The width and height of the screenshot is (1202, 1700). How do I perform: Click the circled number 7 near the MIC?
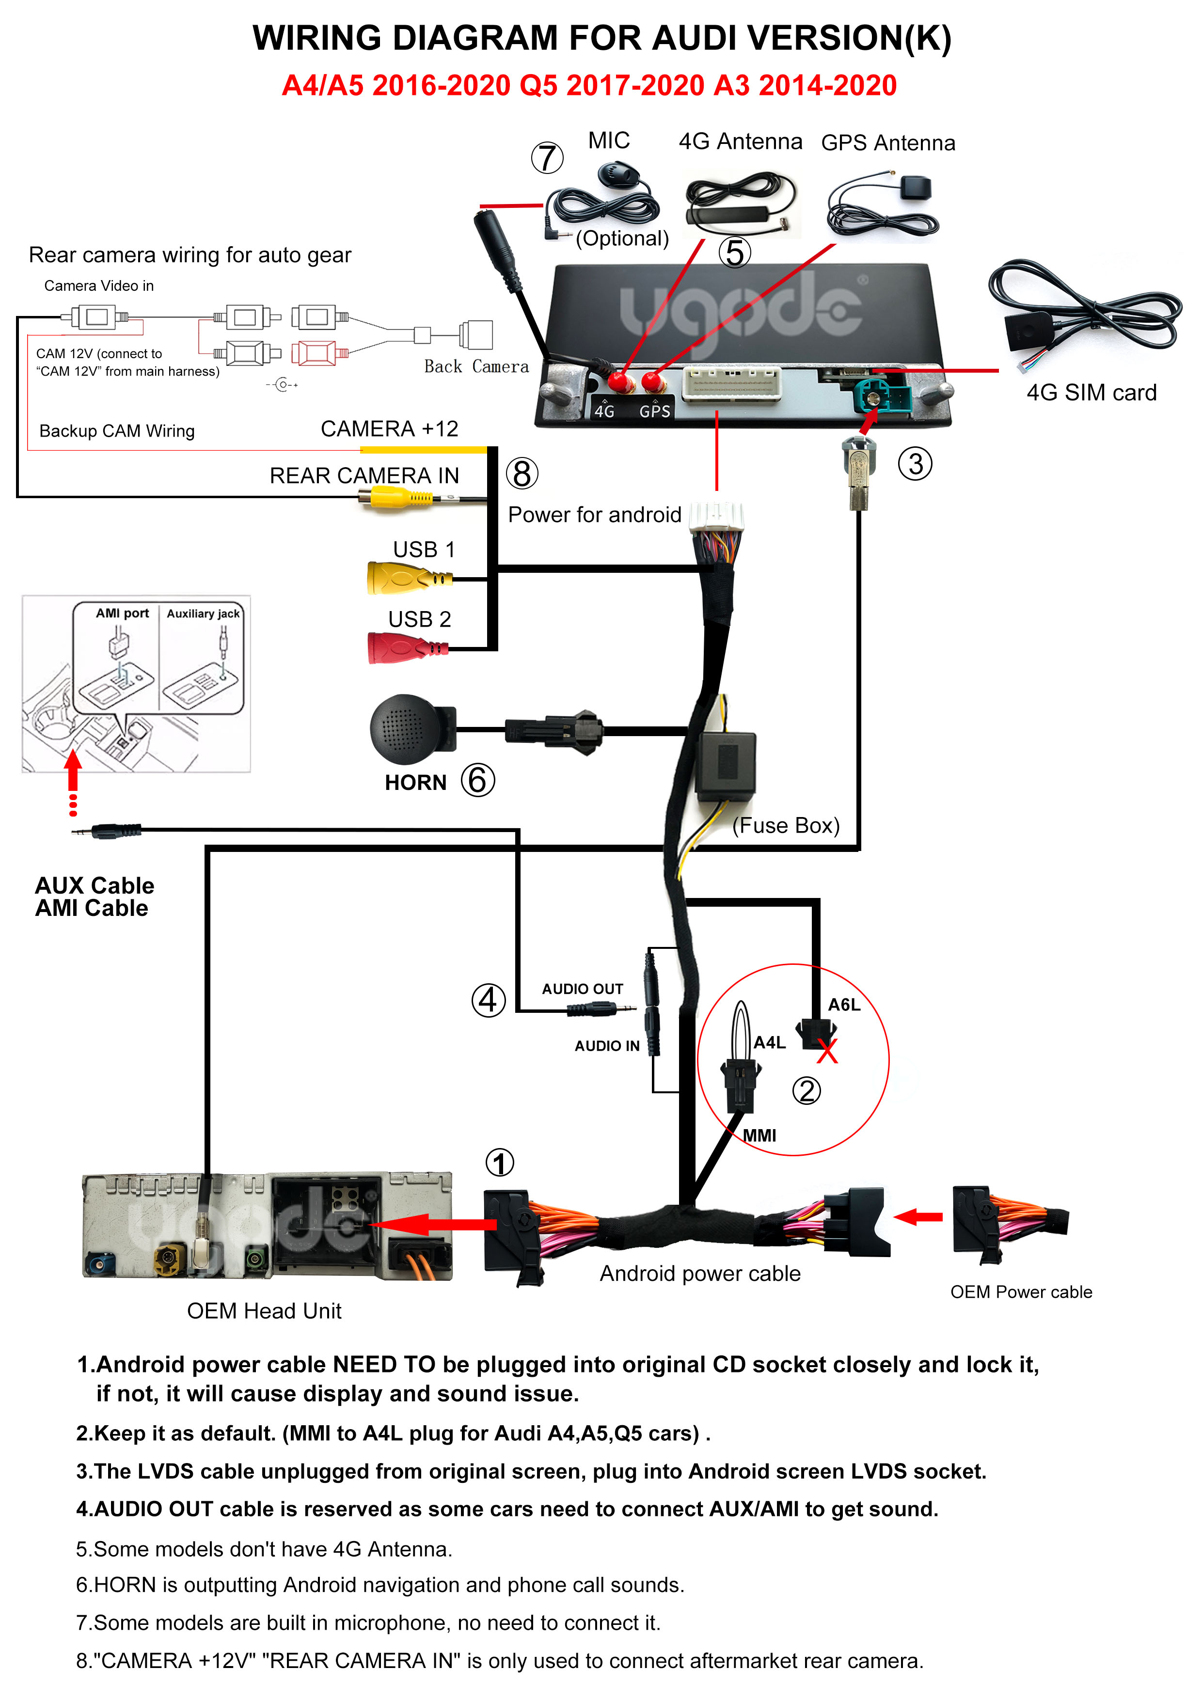click(547, 157)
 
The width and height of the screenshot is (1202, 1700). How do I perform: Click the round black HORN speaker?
click(406, 729)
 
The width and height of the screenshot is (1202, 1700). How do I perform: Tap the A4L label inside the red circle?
click(770, 1042)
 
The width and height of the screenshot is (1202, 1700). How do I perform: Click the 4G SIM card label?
click(1091, 393)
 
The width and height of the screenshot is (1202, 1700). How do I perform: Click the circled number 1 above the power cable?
click(499, 1163)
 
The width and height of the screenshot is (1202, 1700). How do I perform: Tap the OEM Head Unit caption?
click(265, 1311)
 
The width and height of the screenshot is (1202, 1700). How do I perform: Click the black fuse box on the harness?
click(726, 766)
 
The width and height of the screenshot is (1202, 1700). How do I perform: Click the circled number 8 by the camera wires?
click(522, 474)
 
